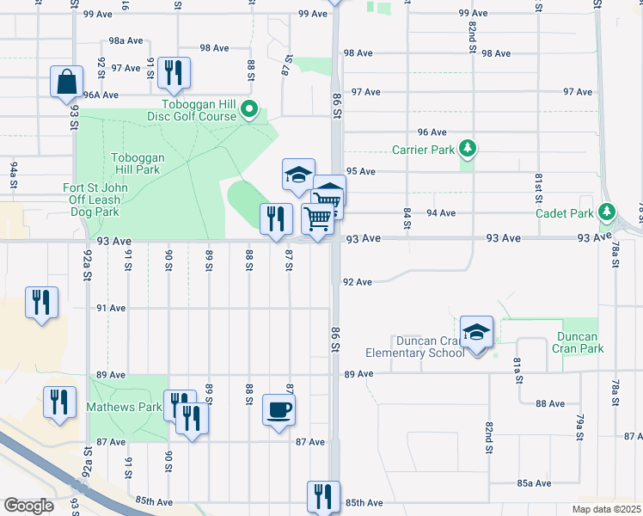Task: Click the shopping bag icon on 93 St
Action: click(x=66, y=83)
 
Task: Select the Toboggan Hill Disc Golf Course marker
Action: click(x=249, y=109)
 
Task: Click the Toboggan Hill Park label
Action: click(x=136, y=163)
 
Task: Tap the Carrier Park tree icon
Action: click(x=468, y=149)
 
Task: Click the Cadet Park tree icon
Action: click(x=607, y=212)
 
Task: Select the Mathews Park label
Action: click(x=125, y=407)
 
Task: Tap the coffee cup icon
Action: click(x=279, y=409)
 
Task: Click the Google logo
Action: click(x=28, y=506)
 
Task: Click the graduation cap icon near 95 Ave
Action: click(x=299, y=175)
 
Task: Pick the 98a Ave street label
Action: click(x=125, y=41)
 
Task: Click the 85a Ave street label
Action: click(x=534, y=483)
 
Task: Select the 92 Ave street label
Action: click(x=357, y=282)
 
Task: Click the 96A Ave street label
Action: click(x=101, y=95)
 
